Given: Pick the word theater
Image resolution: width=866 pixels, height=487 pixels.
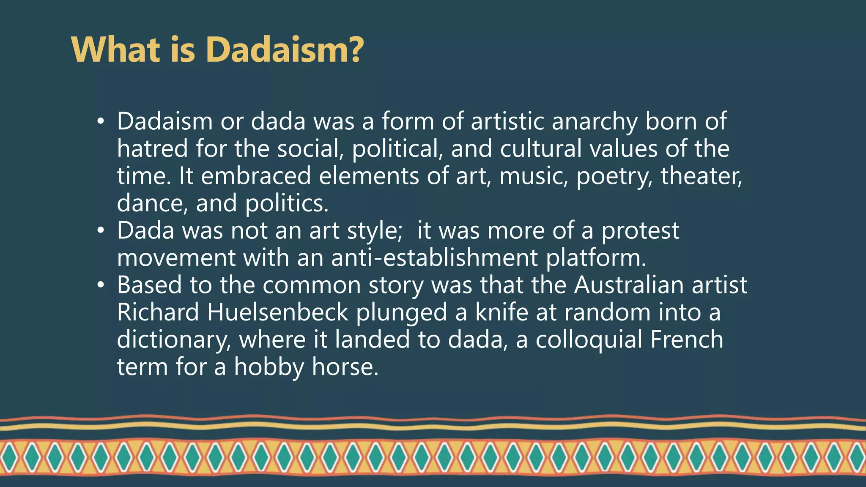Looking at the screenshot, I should (x=701, y=176).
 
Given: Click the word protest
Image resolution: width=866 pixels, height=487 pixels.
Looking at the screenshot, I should (x=640, y=231).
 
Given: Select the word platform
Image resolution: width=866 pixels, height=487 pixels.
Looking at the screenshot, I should (x=596, y=259).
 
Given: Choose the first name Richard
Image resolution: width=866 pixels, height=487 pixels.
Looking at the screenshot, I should (x=158, y=312).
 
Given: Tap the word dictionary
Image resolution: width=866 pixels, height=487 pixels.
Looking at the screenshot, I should (x=174, y=340).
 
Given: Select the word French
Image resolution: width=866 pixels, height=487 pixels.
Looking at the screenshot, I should (x=687, y=339).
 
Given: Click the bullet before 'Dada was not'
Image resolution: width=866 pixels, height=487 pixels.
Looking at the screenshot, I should (x=100, y=231).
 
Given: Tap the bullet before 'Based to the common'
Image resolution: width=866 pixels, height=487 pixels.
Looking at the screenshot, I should (x=100, y=285).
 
